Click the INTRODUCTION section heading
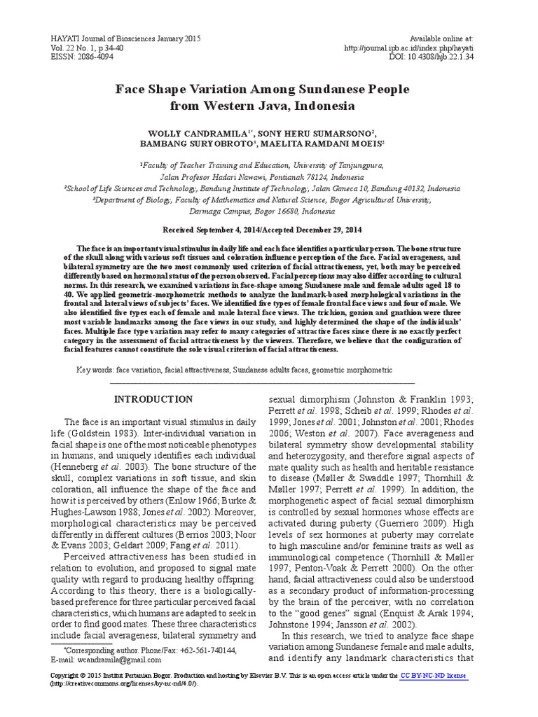click(153, 400)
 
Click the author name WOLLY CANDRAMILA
click(194, 132)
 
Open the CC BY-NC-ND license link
click(433, 676)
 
